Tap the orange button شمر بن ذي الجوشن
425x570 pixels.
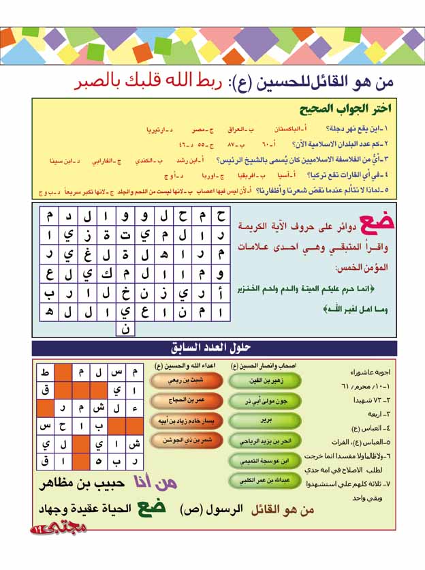177,441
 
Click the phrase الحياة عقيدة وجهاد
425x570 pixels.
95,510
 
